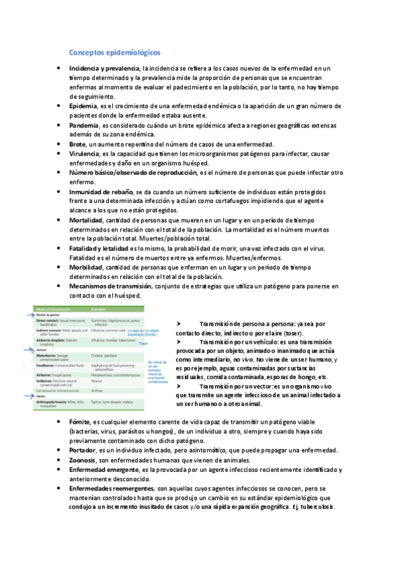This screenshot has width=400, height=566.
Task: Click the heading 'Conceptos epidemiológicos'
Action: (115, 51)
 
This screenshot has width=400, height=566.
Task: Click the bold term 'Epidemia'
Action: (83, 106)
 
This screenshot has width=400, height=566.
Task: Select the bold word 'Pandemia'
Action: (84, 125)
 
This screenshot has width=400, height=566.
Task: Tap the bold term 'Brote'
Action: (77, 144)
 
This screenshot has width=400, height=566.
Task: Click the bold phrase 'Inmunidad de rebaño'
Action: (100, 192)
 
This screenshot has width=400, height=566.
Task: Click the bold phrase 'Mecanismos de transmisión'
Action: (110, 286)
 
